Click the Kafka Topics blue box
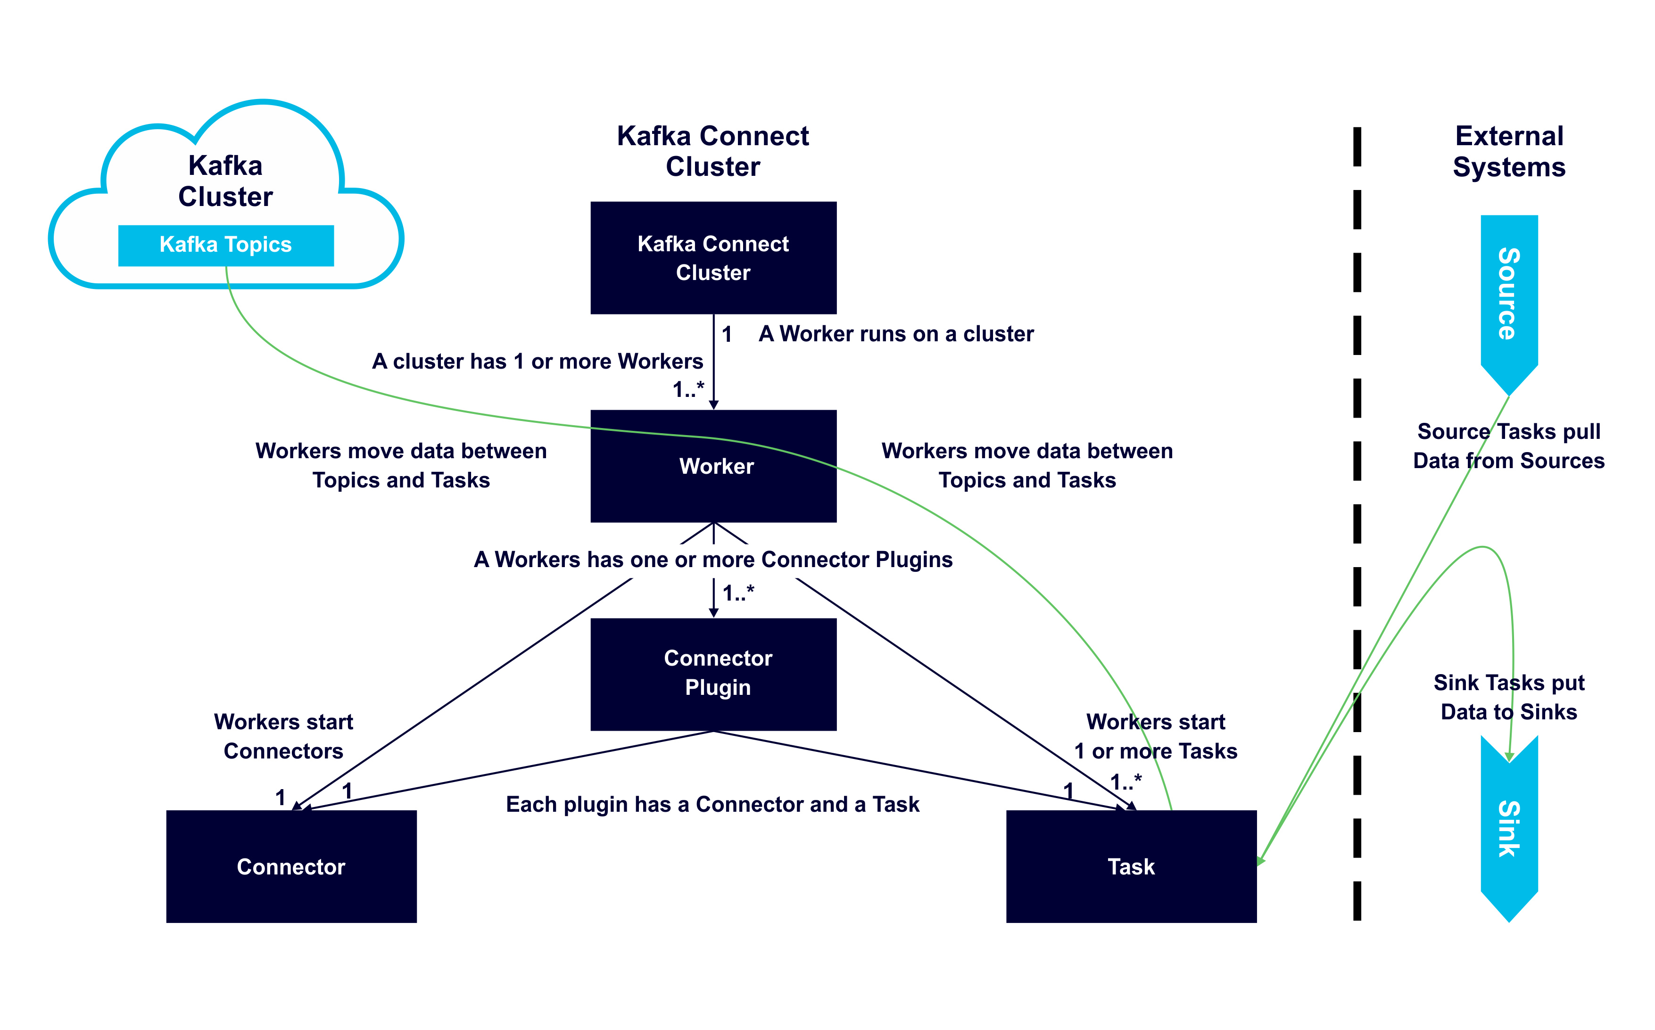click(x=225, y=245)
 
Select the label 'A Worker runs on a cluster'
click(x=895, y=334)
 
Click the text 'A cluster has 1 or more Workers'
click(x=537, y=361)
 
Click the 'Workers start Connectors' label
click(x=283, y=736)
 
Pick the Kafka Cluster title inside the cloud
click(x=225, y=181)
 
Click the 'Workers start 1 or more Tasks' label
click(x=1156, y=736)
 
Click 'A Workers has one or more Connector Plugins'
click(x=713, y=559)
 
